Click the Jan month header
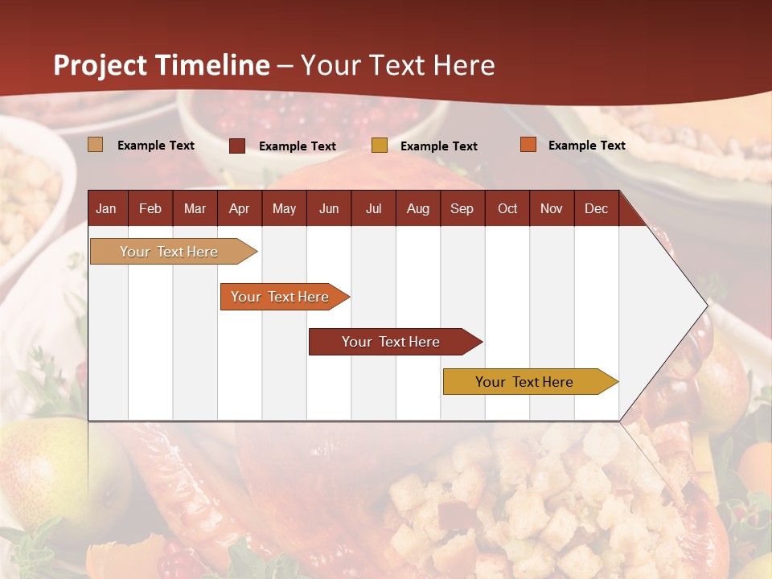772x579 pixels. click(106, 208)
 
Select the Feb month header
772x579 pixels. click(150, 208)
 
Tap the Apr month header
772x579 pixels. click(239, 208)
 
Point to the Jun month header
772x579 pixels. click(329, 208)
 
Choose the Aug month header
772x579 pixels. click(417, 208)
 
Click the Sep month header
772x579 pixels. click(462, 208)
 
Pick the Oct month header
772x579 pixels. click(507, 208)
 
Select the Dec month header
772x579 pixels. click(596, 208)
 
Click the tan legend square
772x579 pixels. click(96, 145)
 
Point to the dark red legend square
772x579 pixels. click(237, 146)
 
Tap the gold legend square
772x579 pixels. click(380, 146)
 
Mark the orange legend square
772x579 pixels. click(528, 145)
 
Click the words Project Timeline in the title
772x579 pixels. click(161, 65)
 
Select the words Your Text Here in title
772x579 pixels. click(397, 65)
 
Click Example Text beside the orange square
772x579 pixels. click(586, 145)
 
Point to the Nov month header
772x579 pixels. click(552, 208)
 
